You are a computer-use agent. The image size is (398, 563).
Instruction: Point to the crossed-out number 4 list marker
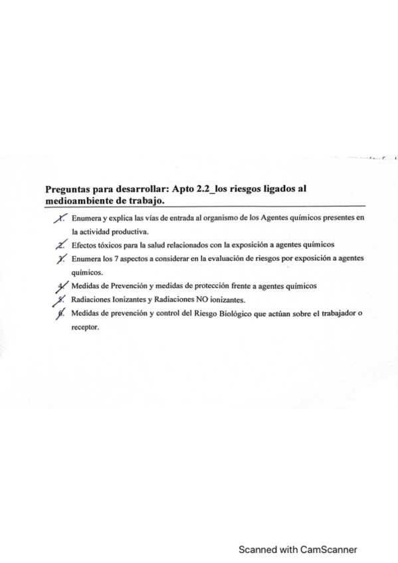coord(62,286)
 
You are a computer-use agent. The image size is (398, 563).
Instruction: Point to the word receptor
coord(84,327)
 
